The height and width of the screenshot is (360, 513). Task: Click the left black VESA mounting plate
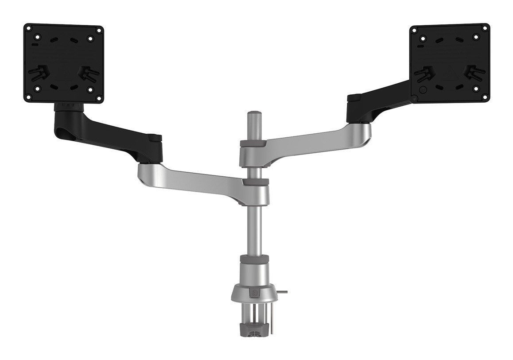click(63, 63)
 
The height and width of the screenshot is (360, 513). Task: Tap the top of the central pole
click(253, 115)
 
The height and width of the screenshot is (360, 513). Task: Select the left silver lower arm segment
click(195, 177)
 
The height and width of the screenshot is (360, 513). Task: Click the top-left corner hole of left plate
click(28, 29)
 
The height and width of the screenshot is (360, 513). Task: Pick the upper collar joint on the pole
click(253, 153)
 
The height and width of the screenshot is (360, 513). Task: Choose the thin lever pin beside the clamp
click(282, 292)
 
